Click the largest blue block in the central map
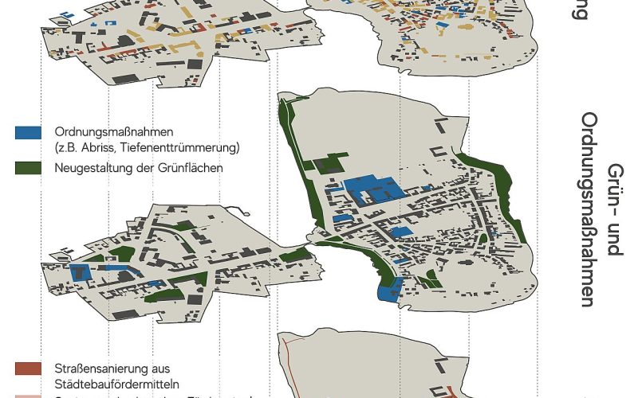[x=374, y=189]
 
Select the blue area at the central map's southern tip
[x=388, y=289]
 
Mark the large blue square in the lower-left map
[x=81, y=273]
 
